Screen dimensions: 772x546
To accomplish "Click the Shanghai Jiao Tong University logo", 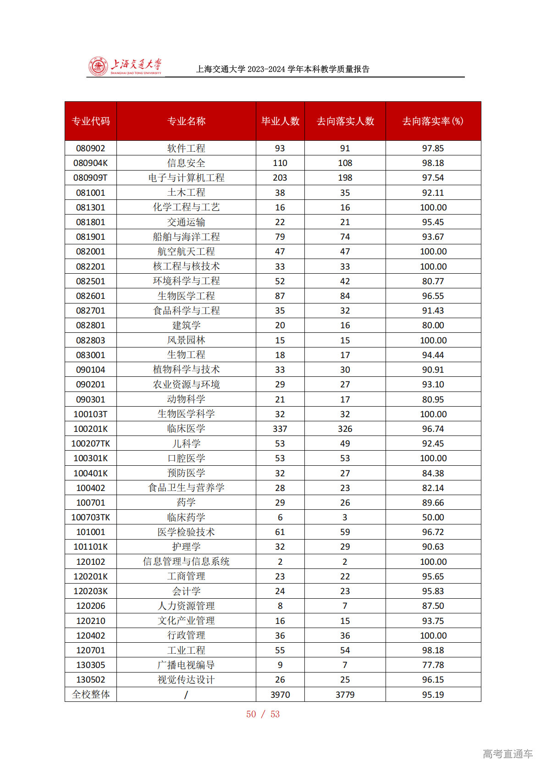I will pyautogui.click(x=125, y=66).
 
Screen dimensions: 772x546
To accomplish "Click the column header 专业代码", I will pyautogui.click(x=91, y=121).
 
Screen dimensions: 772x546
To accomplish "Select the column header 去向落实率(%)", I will pyautogui.click(x=433, y=121).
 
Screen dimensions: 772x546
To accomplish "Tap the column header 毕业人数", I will pyautogui.click(x=280, y=121).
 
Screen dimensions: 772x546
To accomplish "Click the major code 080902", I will pyautogui.click(x=91, y=148).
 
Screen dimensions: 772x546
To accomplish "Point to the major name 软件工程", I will pyautogui.click(x=186, y=148).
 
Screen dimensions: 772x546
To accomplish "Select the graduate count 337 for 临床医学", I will pyautogui.click(x=280, y=429).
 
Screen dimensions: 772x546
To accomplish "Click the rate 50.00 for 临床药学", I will pyautogui.click(x=433, y=517).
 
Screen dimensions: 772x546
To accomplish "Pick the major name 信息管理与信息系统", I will pyautogui.click(x=186, y=562).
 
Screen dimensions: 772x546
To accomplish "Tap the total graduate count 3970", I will pyautogui.click(x=280, y=695).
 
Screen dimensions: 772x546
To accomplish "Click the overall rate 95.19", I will pyautogui.click(x=433, y=695).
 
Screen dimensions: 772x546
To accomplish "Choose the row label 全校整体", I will pyautogui.click(x=91, y=695).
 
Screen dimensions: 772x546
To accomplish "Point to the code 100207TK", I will pyautogui.click(x=91, y=443).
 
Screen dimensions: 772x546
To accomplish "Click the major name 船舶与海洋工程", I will pyautogui.click(x=186, y=237).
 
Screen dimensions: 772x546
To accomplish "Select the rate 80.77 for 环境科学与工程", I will pyautogui.click(x=433, y=281).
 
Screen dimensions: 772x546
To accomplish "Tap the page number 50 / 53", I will pyautogui.click(x=263, y=714).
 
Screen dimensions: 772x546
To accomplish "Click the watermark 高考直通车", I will pyautogui.click(x=507, y=754).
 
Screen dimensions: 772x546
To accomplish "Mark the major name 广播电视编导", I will pyautogui.click(x=186, y=665).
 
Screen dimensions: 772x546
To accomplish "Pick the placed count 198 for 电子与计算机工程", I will pyautogui.click(x=345, y=177).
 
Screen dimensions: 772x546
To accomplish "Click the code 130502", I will pyautogui.click(x=91, y=679).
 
